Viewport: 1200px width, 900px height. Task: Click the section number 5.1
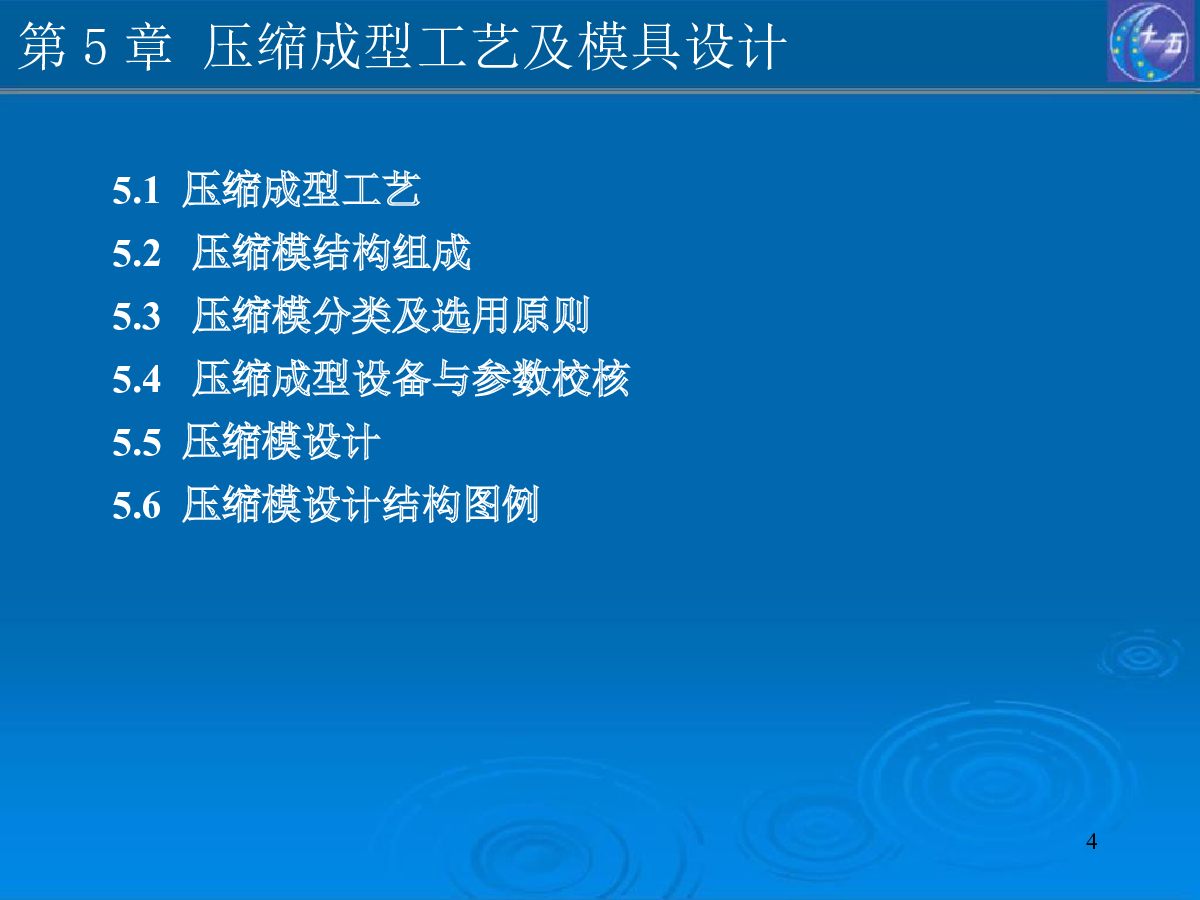pos(136,191)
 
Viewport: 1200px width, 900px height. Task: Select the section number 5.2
pos(137,254)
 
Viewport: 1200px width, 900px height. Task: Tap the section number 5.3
pos(137,316)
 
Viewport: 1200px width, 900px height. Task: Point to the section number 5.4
pos(137,379)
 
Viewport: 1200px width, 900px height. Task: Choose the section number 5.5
pos(137,442)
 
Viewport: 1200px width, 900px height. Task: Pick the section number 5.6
pos(137,505)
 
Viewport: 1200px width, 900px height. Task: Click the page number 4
pos(1091,842)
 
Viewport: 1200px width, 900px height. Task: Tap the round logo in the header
pos(1150,42)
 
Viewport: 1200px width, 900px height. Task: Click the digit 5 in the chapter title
pos(96,48)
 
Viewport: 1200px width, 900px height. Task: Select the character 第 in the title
pos(42,46)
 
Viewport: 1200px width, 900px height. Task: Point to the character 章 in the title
pos(148,46)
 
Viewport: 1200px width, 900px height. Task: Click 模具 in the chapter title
pos(629,46)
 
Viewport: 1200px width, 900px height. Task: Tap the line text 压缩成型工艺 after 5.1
pos(301,189)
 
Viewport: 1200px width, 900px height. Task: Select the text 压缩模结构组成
pos(331,252)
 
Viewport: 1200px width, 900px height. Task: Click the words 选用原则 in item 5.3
pos(510,315)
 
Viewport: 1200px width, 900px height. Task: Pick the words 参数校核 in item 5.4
pos(551,378)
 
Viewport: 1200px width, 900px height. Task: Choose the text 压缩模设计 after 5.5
pos(281,440)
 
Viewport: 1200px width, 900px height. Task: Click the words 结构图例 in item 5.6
pos(461,503)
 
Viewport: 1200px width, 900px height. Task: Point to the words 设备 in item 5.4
pos(391,378)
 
